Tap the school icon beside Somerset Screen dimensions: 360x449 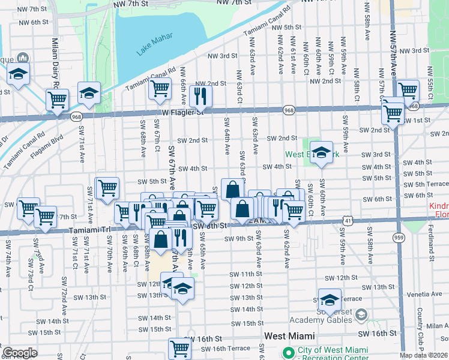coord(330,299)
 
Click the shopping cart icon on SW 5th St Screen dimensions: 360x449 coord(107,187)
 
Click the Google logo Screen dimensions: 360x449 coord(20,353)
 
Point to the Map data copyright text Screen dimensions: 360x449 coord(423,355)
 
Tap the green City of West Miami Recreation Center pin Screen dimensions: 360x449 coord(288,352)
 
